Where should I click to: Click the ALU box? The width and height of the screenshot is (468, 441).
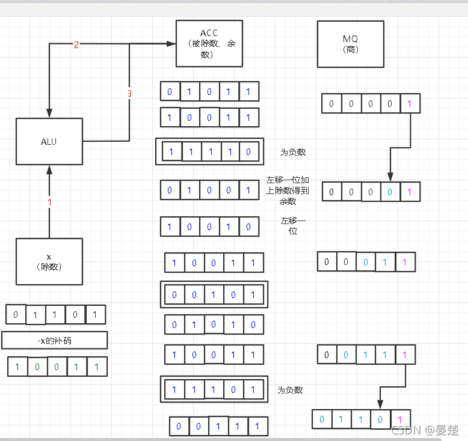[49, 141]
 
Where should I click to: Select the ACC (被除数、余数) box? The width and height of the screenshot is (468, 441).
[209, 43]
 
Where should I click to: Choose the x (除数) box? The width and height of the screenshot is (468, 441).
[49, 261]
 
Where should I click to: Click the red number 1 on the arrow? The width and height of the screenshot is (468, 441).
[49, 202]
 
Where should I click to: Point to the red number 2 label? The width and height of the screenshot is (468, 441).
[76, 45]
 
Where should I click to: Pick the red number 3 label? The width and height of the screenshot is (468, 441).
[129, 94]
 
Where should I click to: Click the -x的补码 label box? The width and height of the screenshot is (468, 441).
[54, 340]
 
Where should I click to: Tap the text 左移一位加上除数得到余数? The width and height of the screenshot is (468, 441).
[288, 190]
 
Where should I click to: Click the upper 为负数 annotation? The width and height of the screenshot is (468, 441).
[293, 152]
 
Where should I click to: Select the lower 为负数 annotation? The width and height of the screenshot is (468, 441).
[290, 390]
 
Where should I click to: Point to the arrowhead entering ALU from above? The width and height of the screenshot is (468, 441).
[49, 114]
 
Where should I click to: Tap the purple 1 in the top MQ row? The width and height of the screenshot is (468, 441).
[410, 103]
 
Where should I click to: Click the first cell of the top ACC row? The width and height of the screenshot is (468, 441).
[170, 91]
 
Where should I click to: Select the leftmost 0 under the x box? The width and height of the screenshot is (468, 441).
[16, 314]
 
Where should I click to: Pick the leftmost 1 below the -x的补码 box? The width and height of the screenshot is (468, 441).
[17, 366]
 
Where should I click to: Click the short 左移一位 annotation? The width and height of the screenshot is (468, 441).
[293, 225]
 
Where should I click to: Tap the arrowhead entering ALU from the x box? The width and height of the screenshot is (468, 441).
[49, 170]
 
